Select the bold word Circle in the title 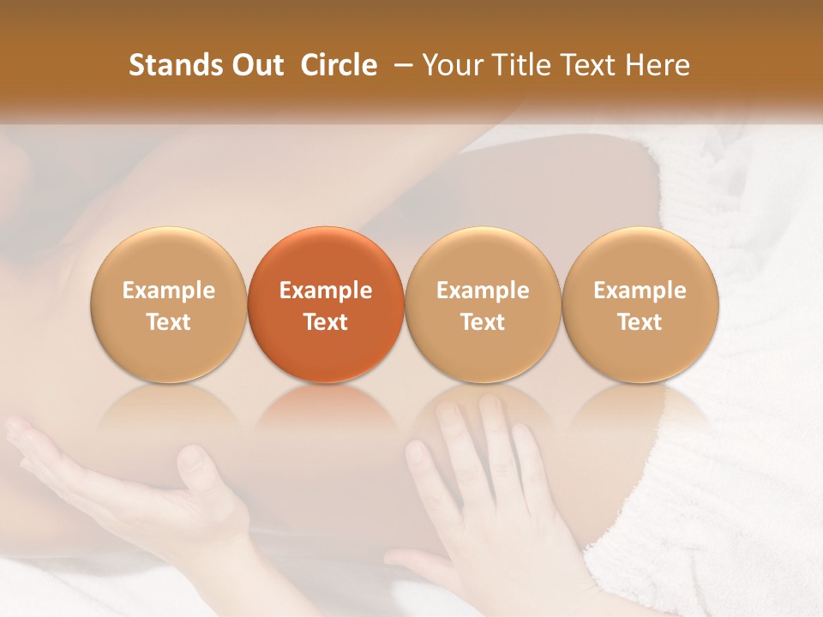pos(339,65)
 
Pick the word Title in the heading pos(517,65)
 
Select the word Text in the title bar pos(585,65)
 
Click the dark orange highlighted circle pos(326,305)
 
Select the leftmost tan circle pos(169,305)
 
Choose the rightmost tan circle pos(640,305)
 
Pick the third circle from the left pos(483,305)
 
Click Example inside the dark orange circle pos(326,291)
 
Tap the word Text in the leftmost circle pos(169,322)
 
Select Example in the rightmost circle pos(640,291)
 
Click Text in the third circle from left pos(483,322)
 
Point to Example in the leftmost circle pos(169,291)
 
